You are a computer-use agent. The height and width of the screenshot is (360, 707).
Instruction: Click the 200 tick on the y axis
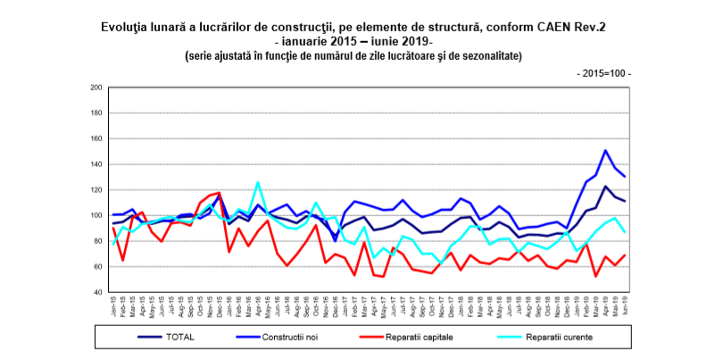[96, 88]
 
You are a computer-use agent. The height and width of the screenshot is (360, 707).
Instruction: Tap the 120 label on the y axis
[96, 190]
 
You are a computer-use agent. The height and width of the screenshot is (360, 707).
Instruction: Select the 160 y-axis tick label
[96, 138]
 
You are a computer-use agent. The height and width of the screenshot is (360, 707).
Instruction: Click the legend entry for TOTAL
[179, 338]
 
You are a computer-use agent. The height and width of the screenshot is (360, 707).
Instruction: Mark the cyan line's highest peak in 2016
[258, 182]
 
